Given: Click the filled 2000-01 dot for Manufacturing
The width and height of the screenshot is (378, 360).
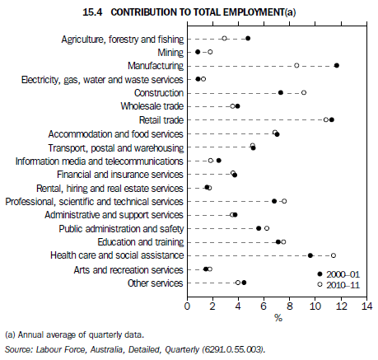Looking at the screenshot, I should [x=337, y=65].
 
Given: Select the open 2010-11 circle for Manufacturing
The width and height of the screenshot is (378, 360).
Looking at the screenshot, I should [x=296, y=65].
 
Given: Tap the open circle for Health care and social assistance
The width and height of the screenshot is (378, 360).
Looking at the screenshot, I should [x=334, y=255].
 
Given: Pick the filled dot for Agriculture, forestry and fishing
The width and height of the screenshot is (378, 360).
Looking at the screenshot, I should [x=248, y=38].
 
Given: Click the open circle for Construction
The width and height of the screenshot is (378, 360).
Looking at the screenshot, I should [x=304, y=92].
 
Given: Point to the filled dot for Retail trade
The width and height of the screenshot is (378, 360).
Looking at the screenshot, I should [x=332, y=119].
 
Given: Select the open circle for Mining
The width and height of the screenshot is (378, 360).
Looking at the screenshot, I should [x=209, y=52].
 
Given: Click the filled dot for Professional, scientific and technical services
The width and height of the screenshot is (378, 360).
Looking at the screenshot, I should [x=274, y=201].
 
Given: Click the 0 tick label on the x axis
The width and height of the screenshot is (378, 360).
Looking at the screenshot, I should [x=188, y=305].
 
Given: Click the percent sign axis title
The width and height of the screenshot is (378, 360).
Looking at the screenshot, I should [x=278, y=317].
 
